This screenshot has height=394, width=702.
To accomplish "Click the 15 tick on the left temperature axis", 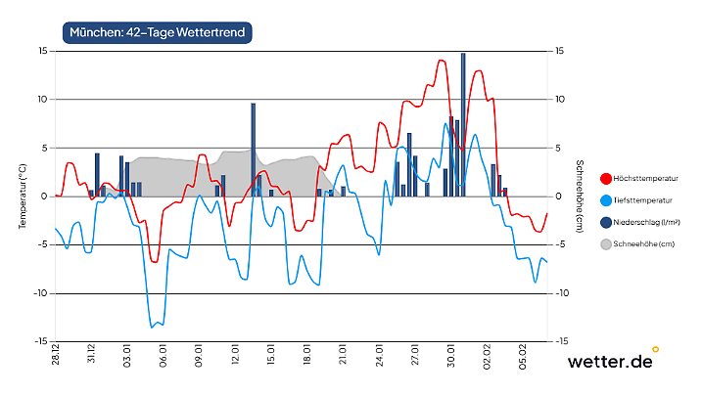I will click(43, 51).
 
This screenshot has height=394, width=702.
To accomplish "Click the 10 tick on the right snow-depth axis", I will click(559, 99).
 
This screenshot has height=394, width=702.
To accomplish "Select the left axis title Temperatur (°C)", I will click(22, 197).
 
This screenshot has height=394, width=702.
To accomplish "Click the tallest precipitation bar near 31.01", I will click(463, 122).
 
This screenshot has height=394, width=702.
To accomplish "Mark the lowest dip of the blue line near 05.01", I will click(153, 327).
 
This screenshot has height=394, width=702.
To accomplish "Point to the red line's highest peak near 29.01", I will click(442, 61).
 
